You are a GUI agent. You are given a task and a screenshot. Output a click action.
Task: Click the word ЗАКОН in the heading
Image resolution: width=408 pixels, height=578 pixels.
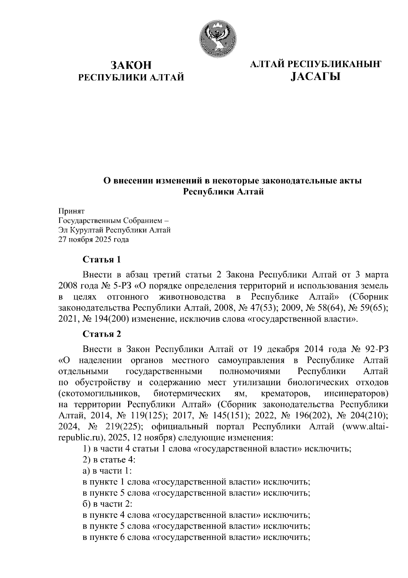point(131,65)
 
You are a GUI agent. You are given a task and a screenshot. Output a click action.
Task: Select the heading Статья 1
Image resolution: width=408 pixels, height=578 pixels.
point(102,260)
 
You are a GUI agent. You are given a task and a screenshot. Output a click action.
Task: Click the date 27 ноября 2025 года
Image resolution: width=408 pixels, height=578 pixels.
point(94,240)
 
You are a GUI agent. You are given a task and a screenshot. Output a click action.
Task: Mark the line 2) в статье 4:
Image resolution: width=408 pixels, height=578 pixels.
point(109,460)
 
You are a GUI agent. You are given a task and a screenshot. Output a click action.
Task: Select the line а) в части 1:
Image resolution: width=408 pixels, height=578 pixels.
point(107,471)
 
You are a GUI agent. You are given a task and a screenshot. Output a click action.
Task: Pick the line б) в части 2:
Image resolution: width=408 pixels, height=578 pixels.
point(107,504)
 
